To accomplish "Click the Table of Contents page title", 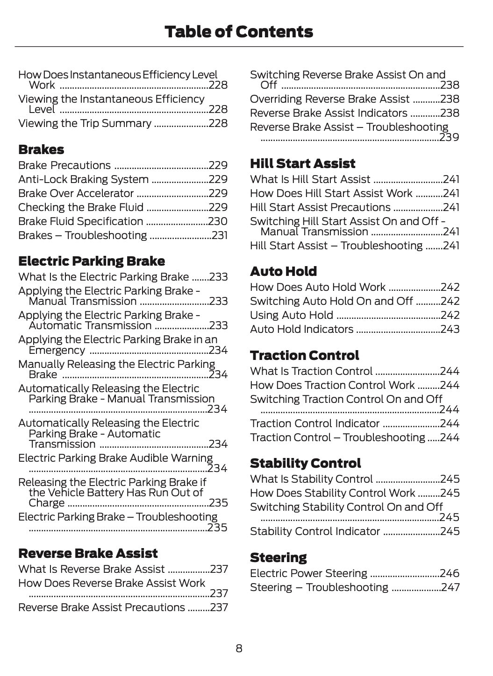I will [239, 32].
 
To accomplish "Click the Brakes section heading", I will [41, 150].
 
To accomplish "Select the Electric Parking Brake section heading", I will [92, 261].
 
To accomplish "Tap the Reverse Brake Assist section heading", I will [88, 553].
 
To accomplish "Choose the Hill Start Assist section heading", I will [302, 163].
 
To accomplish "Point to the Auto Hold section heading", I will [283, 271].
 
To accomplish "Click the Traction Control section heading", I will [304, 355].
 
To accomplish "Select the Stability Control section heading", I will [305, 463].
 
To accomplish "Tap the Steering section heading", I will [278, 557].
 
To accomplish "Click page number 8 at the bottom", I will [239, 648].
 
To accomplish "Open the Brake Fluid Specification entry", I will [81, 221].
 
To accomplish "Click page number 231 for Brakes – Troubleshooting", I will [220, 235].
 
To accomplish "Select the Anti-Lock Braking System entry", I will [84, 179].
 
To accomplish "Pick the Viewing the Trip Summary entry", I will [85, 123].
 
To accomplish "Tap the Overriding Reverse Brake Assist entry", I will [330, 99].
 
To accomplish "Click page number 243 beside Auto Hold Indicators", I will [450, 329].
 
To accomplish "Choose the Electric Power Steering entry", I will [308, 573].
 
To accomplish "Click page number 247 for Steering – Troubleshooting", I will [450, 587].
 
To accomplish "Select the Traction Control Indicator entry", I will [314, 423].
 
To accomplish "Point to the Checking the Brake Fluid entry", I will [81, 207].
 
